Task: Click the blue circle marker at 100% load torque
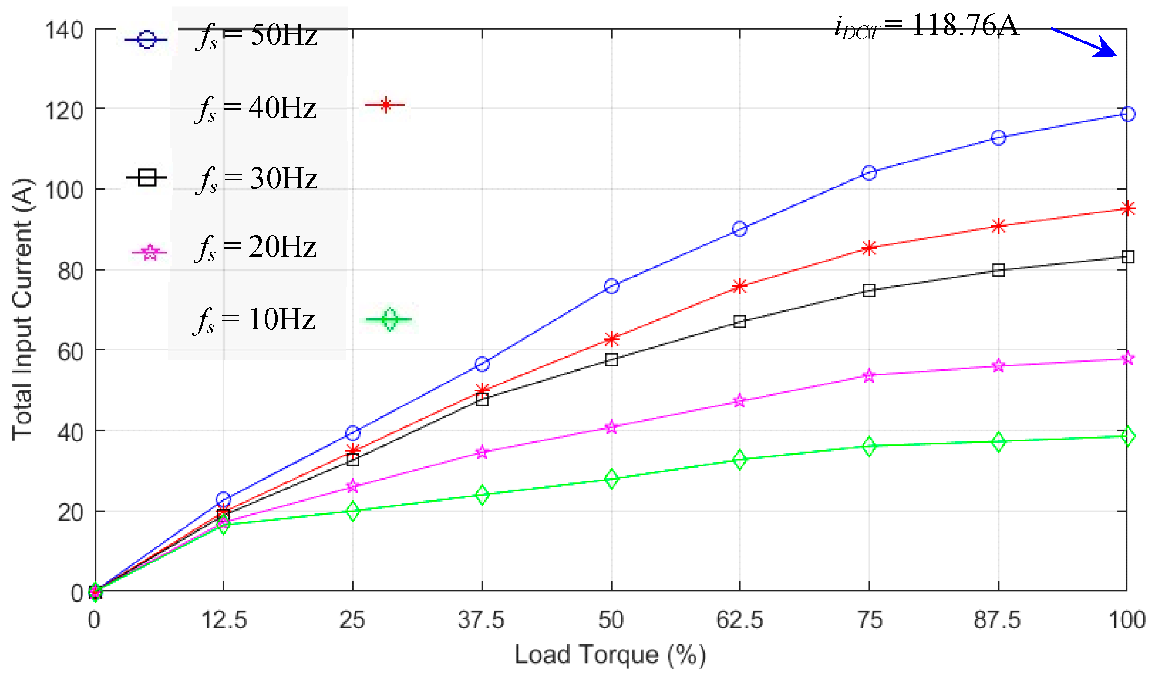tap(1127, 114)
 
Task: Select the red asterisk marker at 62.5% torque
tap(740, 286)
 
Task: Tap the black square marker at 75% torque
tap(869, 291)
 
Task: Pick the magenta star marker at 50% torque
tap(611, 427)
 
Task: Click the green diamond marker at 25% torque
tap(353, 511)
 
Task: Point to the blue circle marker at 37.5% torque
tap(482, 364)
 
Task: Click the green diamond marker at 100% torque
tap(1127, 436)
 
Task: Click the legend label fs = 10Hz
tap(255, 320)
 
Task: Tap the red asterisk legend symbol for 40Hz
tap(386, 105)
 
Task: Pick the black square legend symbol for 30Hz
tap(147, 178)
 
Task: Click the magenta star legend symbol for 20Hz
tap(150, 253)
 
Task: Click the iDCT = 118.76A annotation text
tap(926, 26)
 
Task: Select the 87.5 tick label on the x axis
tap(997, 620)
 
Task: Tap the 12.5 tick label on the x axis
tap(224, 620)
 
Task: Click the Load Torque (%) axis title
tap(610, 655)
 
